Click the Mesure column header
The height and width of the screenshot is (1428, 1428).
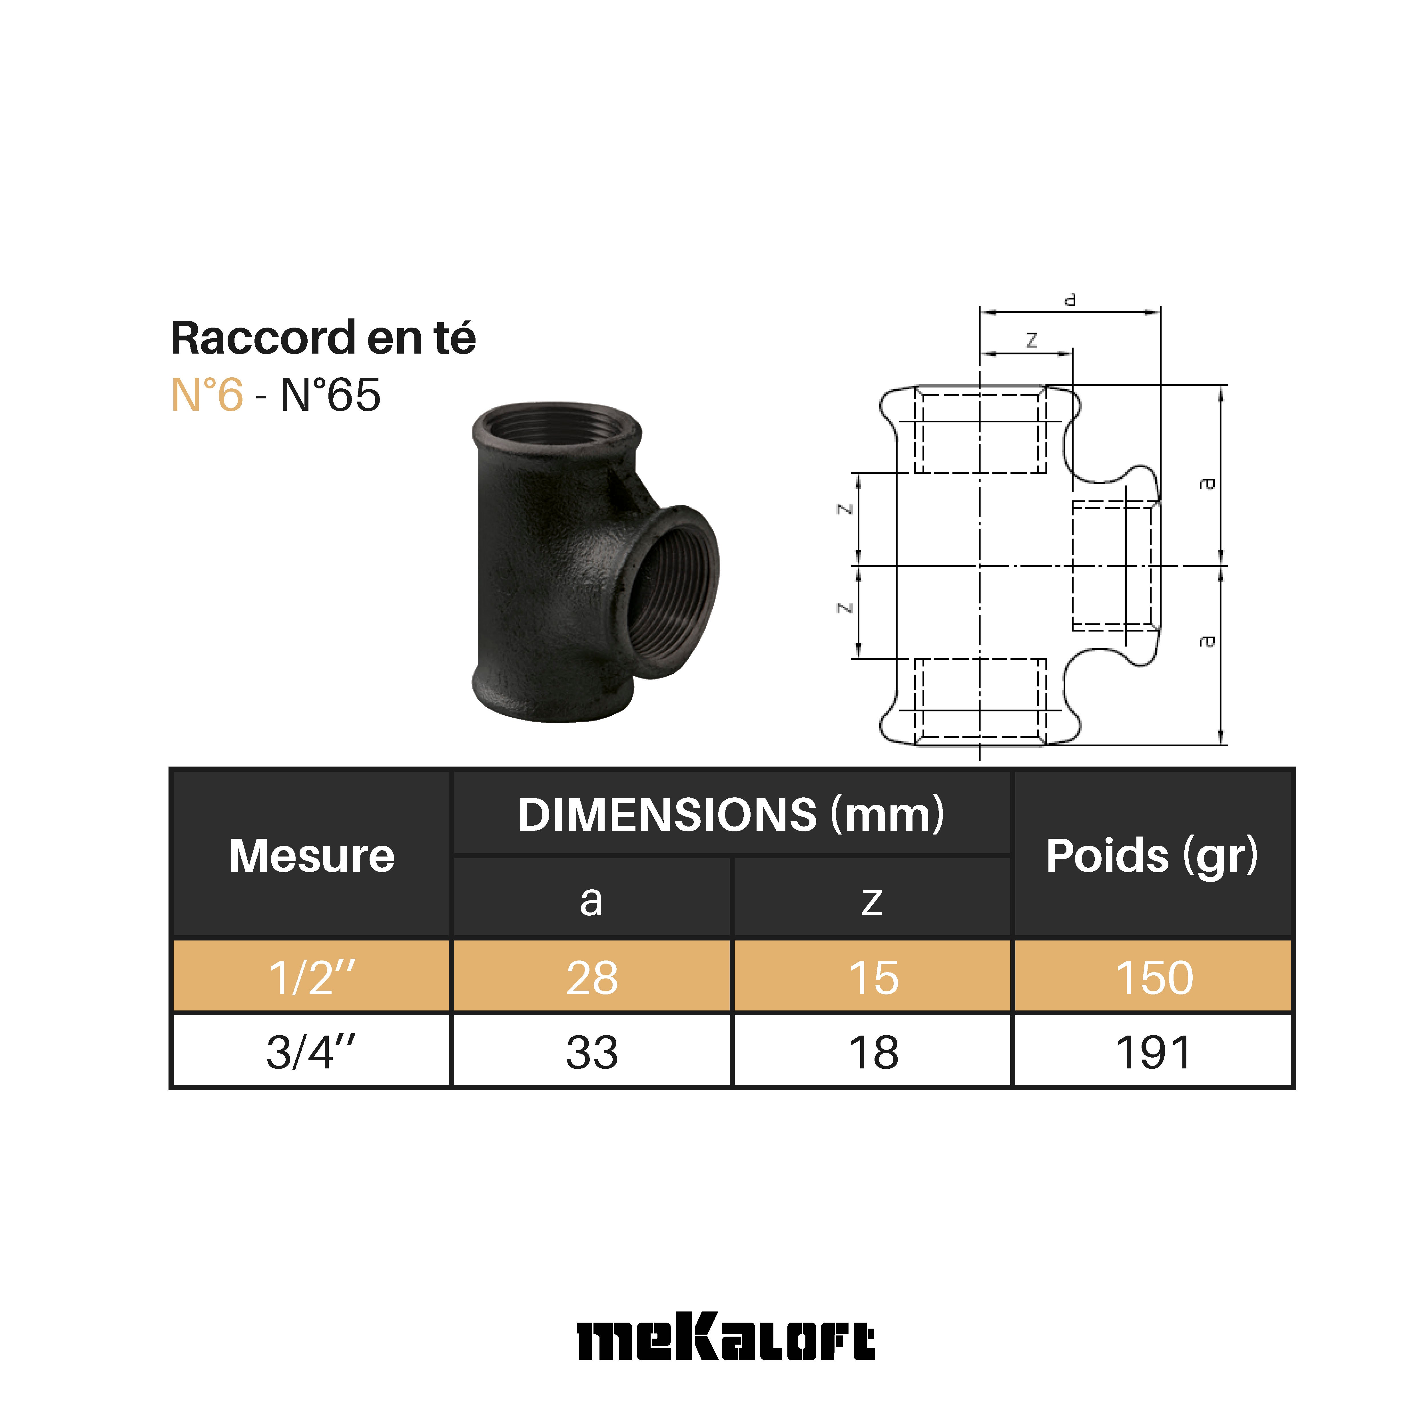pos(311,855)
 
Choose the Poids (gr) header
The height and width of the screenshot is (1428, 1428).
pos(1152,855)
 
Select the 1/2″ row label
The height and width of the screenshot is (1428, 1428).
pos(311,977)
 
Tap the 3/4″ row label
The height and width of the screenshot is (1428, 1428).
pos(311,1052)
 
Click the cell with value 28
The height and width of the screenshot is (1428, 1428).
pos(591,977)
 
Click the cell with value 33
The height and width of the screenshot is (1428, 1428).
pos(591,1052)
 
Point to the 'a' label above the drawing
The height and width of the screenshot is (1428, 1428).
pos(1070,300)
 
